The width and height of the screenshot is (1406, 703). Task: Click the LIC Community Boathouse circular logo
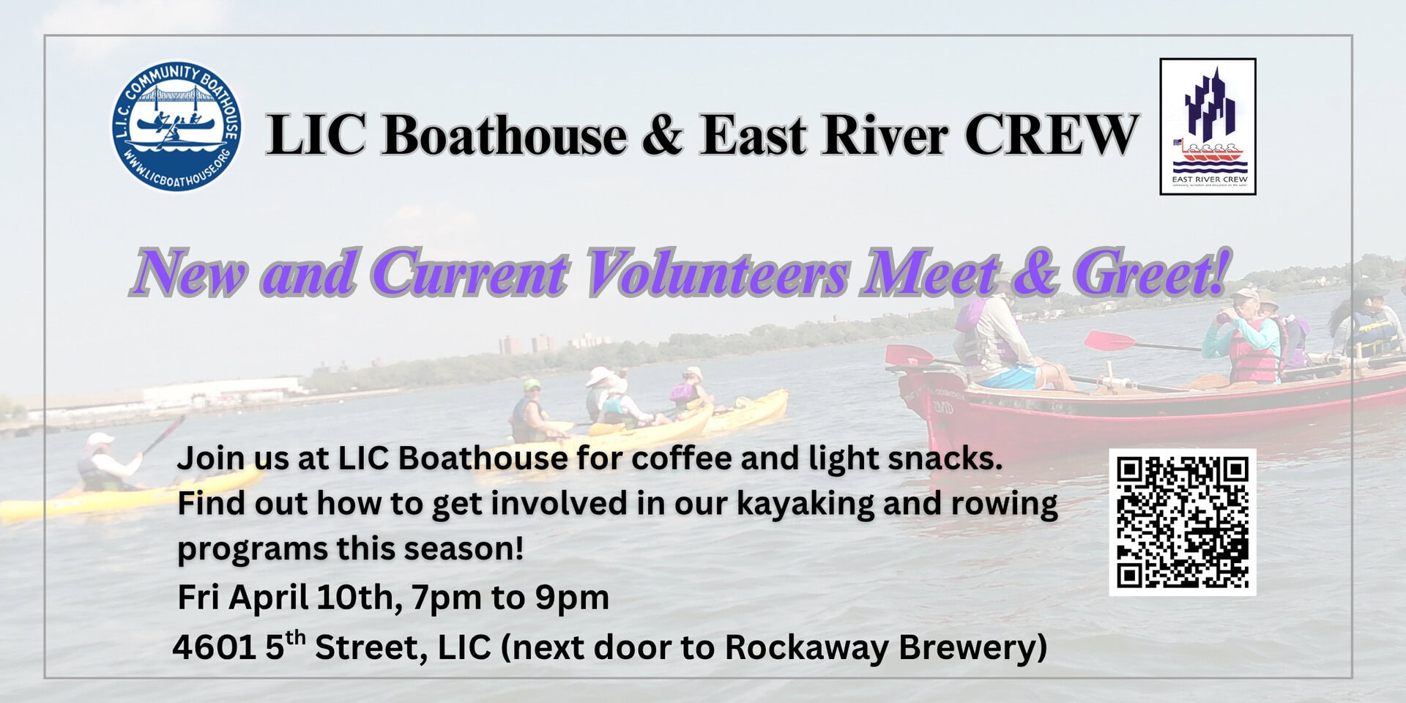coord(176,126)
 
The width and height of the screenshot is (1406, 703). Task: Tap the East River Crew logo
coord(1208,127)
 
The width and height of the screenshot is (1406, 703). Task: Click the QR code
coord(1183,522)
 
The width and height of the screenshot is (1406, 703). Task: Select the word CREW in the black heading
coord(1052,135)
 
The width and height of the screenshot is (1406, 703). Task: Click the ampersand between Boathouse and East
coord(663,135)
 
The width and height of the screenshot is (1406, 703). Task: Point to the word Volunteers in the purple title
coord(718,273)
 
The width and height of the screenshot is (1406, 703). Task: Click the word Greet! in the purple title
coord(1152,273)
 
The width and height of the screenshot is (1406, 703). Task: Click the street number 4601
coord(214,647)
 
